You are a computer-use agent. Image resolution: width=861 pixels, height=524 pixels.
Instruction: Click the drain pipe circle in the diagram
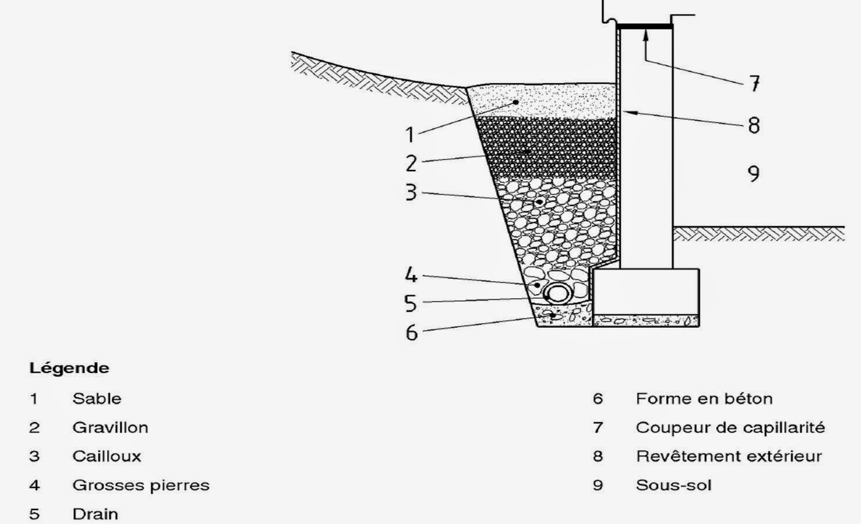pyautogui.click(x=557, y=293)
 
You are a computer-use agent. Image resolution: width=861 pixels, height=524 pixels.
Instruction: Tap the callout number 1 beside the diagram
pyautogui.click(x=410, y=134)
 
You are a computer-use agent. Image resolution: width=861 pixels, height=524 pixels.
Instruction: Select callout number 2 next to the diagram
pyautogui.click(x=411, y=164)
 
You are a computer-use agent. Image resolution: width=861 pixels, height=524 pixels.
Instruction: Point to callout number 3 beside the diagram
pyautogui.click(x=411, y=192)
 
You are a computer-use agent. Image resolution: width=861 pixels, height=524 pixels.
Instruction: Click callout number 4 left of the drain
pyautogui.click(x=411, y=275)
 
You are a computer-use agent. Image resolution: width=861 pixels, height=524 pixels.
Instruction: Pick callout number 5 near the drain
pyautogui.click(x=411, y=303)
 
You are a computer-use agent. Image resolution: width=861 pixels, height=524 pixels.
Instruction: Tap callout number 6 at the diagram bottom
pyautogui.click(x=411, y=332)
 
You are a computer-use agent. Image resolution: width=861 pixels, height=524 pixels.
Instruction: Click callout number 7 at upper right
pyautogui.click(x=754, y=84)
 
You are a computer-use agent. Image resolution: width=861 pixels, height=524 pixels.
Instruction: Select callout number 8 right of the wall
pyautogui.click(x=754, y=125)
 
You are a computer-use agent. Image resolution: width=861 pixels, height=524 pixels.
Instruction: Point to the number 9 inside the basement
pyautogui.click(x=753, y=174)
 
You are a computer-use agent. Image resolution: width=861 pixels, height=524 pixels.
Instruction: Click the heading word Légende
pyautogui.click(x=69, y=369)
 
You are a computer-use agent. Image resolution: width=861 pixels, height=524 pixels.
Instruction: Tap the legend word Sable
pyautogui.click(x=97, y=399)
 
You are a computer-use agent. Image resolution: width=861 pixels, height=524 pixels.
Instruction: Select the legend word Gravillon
pyautogui.click(x=110, y=427)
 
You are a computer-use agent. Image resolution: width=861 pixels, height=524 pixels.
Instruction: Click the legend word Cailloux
pyautogui.click(x=106, y=456)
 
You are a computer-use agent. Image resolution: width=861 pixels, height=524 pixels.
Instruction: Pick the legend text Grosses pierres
pyautogui.click(x=141, y=485)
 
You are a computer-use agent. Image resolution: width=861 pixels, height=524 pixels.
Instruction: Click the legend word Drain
pyautogui.click(x=95, y=514)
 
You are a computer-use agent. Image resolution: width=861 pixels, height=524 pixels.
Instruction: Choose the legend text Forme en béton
pyautogui.click(x=704, y=399)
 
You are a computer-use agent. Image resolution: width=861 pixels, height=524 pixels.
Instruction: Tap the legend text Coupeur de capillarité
pyautogui.click(x=730, y=427)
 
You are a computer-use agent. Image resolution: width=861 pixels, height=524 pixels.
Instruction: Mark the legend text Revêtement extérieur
pyautogui.click(x=728, y=456)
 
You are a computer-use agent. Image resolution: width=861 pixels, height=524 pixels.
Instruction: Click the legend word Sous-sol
pyautogui.click(x=674, y=485)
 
